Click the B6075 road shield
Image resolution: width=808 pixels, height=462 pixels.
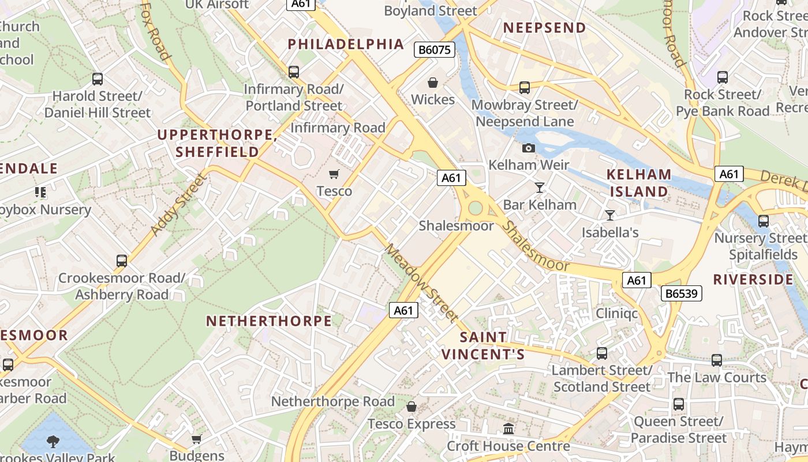click(x=435, y=50)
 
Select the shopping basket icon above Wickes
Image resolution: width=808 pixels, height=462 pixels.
click(x=433, y=83)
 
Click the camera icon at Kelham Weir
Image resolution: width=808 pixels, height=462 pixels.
click(x=528, y=148)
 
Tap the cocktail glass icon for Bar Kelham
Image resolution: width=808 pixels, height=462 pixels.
click(x=540, y=187)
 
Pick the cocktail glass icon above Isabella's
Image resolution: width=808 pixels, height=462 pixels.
click(x=610, y=215)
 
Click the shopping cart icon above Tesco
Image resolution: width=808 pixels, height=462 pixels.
click(x=334, y=174)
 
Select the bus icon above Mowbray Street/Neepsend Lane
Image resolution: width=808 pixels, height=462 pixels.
click(x=525, y=88)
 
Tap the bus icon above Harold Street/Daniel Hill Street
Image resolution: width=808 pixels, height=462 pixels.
click(x=98, y=79)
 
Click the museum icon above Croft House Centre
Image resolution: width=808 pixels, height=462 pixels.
click(x=508, y=429)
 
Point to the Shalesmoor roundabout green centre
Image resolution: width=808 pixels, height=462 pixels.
click(x=475, y=207)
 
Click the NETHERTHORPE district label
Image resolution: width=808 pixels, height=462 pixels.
click(x=269, y=321)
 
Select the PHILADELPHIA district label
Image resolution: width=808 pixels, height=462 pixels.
click(x=346, y=44)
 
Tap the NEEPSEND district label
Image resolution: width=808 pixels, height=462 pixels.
click(x=544, y=28)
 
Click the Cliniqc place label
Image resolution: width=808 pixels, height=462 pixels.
click(x=617, y=314)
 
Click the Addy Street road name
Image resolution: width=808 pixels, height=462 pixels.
click(x=178, y=204)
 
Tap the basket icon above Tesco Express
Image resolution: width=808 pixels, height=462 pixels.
click(x=412, y=407)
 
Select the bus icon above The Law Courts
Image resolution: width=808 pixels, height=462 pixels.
click(x=717, y=360)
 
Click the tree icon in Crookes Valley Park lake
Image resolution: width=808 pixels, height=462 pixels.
click(x=53, y=442)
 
